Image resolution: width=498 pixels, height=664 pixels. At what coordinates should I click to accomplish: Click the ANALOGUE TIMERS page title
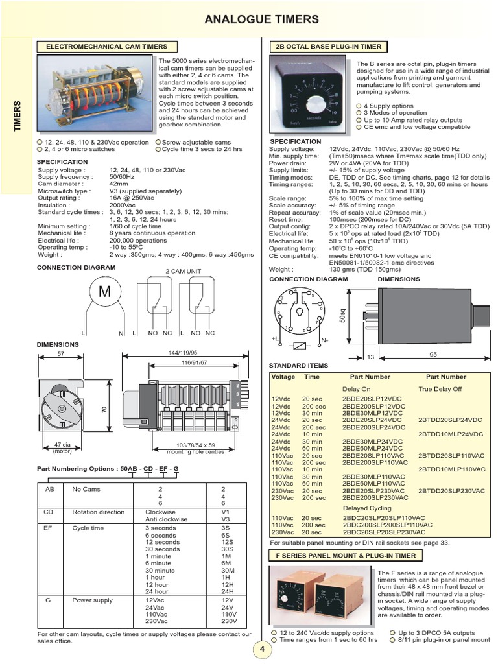tap(261, 20)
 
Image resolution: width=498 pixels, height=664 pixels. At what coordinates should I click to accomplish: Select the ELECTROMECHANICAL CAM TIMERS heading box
tap(106, 47)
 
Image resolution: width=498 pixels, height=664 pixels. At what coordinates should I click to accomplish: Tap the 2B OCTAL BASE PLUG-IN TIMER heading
tap(328, 47)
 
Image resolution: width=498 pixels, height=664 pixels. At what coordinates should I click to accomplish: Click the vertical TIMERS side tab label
tap(18, 117)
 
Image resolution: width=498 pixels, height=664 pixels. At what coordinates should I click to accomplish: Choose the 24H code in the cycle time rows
tap(230, 591)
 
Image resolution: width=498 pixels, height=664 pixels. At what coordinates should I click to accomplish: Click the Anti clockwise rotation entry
tap(165, 519)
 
